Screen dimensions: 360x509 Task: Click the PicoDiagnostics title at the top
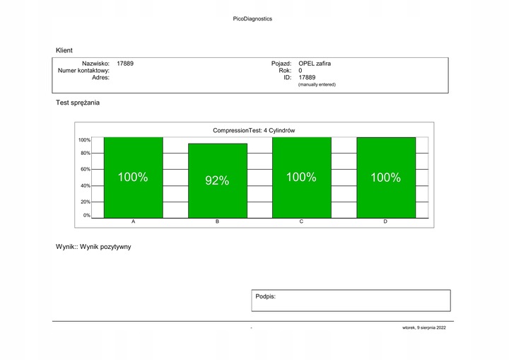pos(252,19)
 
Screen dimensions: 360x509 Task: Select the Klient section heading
pos(64,50)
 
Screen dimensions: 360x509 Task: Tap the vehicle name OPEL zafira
pos(315,64)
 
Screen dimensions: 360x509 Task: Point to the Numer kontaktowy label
pos(83,71)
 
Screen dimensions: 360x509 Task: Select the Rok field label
pos(286,71)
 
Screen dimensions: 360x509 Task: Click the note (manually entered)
pos(317,85)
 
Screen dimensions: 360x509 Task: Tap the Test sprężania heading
pos(78,103)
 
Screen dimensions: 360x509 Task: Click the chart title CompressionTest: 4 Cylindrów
pos(254,130)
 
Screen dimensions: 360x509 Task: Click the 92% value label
pos(217,181)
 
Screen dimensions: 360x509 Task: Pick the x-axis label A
pos(134,222)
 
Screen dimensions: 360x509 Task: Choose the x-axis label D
pos(385,222)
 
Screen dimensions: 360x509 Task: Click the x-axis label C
pos(301,222)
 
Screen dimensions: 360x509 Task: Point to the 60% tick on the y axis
pos(85,170)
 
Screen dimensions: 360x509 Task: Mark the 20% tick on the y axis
pos(85,202)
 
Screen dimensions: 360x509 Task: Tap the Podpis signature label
pos(265,296)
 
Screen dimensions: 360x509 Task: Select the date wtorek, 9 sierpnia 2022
pos(424,328)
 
